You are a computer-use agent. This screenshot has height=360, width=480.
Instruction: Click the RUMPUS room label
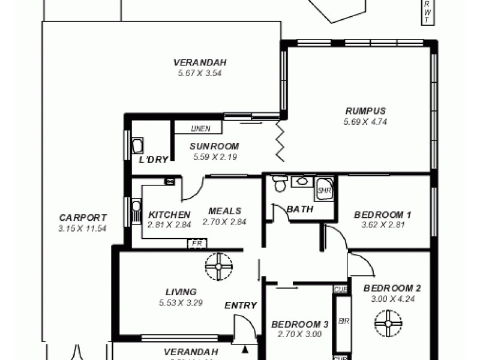pyautogui.click(x=365, y=111)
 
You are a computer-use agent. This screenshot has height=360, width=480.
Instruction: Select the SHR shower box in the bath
pyautogui.click(x=324, y=190)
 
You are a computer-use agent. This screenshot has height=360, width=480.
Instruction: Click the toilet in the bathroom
pyautogui.click(x=278, y=184)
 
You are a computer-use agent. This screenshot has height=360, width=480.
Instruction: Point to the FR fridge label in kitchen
pyautogui.click(x=196, y=244)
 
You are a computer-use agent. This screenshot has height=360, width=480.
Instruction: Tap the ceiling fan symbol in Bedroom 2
pyautogui.click(x=388, y=324)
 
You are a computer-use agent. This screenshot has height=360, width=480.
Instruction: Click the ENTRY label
pyautogui.click(x=241, y=305)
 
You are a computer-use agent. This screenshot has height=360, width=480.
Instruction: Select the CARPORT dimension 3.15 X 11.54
pyautogui.click(x=83, y=229)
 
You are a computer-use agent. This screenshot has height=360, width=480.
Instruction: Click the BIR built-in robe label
pyautogui.click(x=343, y=321)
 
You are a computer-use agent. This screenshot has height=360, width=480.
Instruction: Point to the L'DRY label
pyautogui.click(x=153, y=160)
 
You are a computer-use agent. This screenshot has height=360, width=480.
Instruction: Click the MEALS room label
pyautogui.click(x=224, y=211)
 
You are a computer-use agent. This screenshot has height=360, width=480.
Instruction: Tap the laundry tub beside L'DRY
pyautogui.click(x=137, y=146)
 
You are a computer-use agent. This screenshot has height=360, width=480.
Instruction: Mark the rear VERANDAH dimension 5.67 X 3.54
pyautogui.click(x=200, y=73)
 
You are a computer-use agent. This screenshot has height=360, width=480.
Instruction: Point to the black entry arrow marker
pyautogui.click(x=245, y=349)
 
